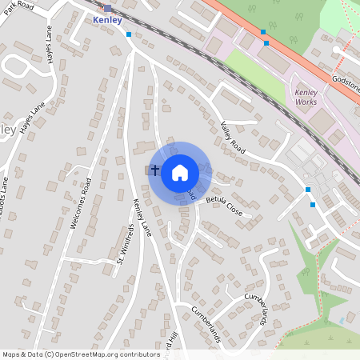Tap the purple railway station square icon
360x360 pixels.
[x=107, y=8]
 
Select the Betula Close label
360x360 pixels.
[x=223, y=206]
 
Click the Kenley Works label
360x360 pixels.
[x=305, y=97]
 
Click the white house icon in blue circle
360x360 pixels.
[x=180, y=172]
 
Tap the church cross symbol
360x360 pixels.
[x=154, y=170]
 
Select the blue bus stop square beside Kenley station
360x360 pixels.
[x=129, y=34]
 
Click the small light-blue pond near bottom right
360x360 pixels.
[x=342, y=320]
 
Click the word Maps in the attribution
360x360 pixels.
[x=12, y=354]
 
